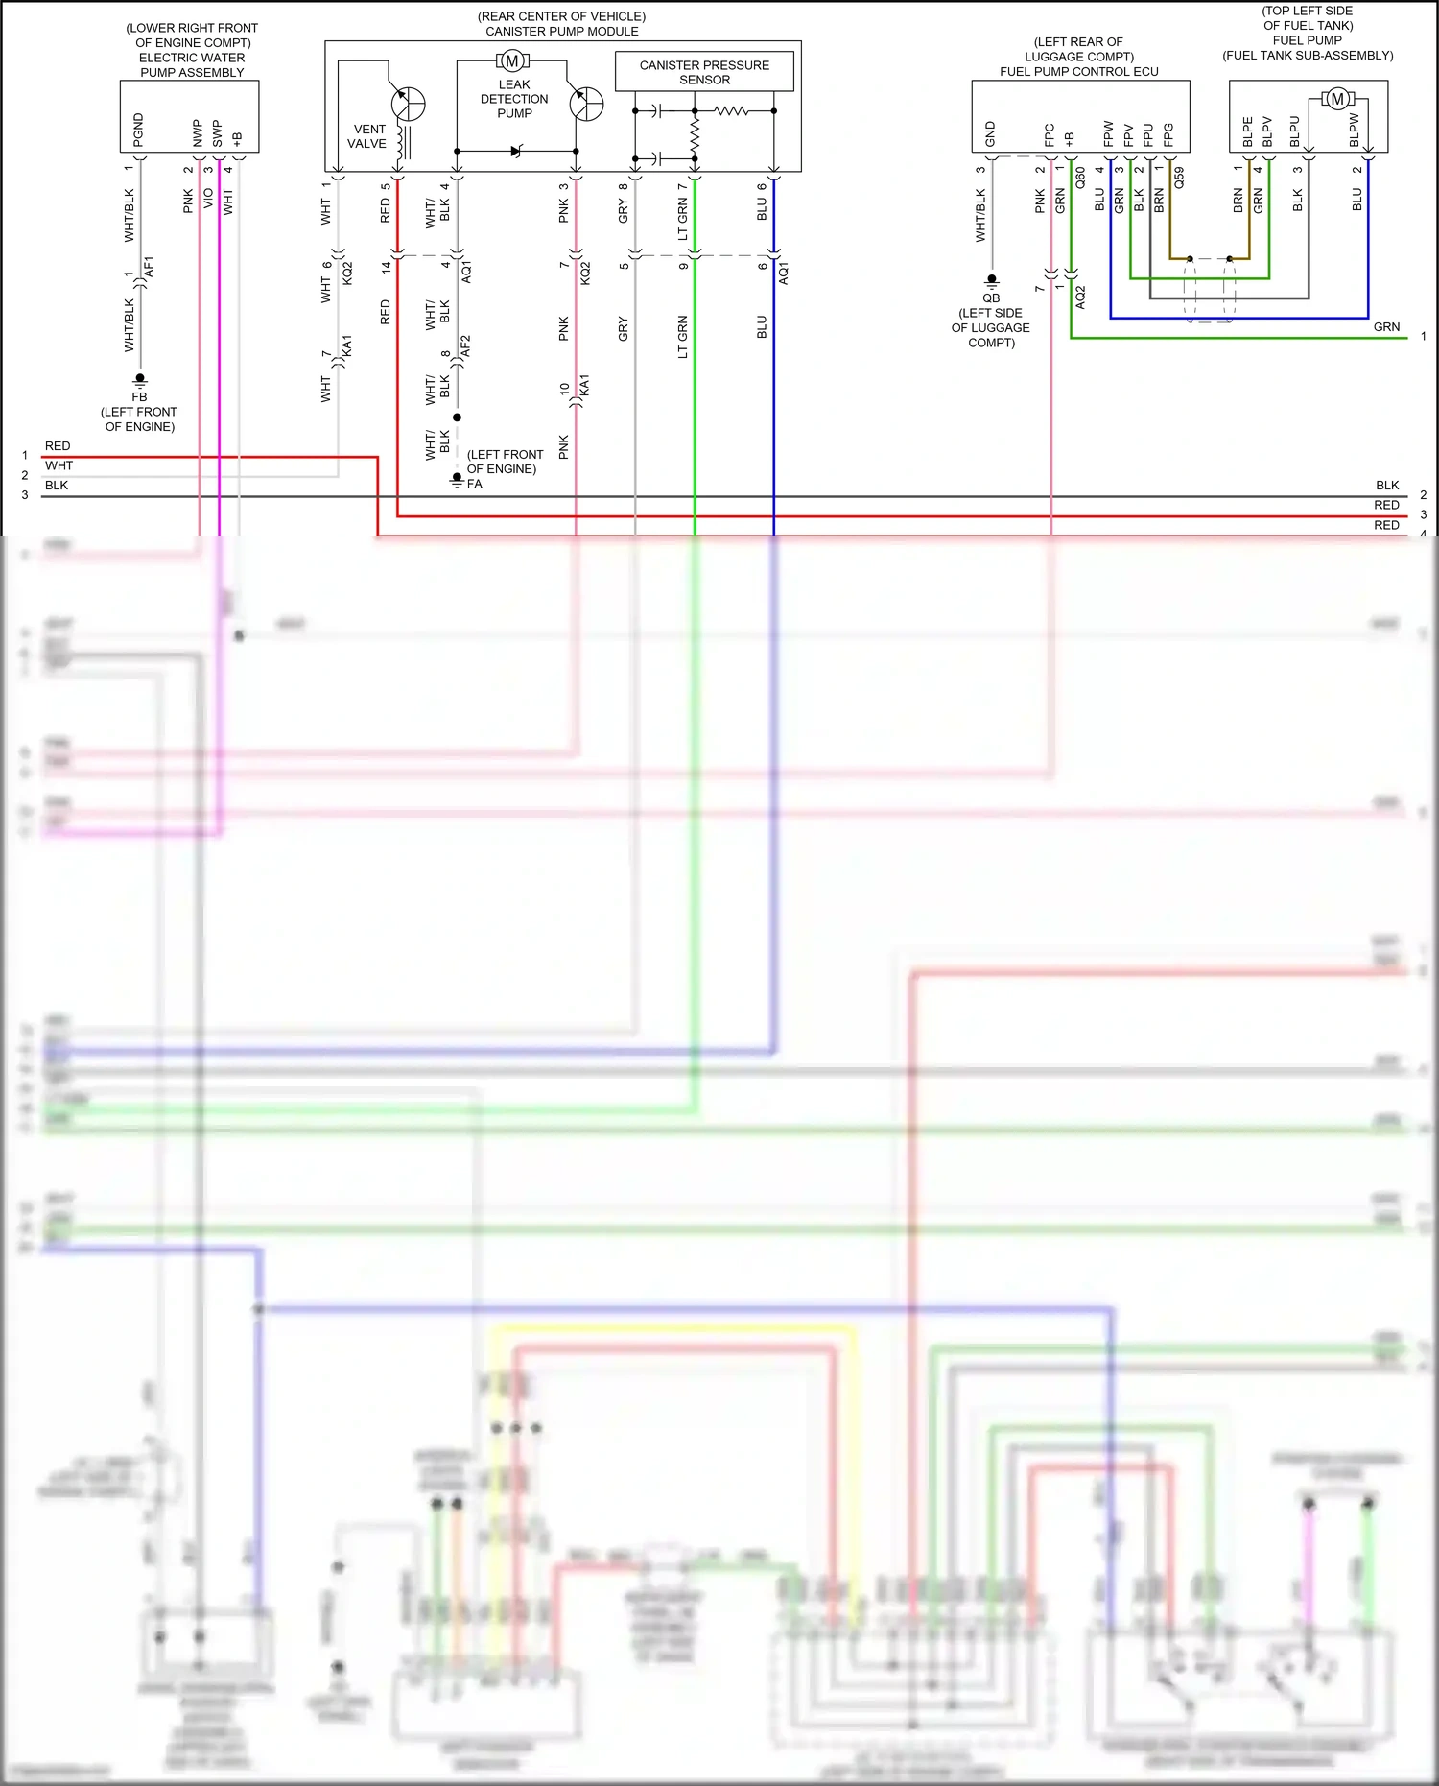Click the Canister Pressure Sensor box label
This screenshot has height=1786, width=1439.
coord(704,72)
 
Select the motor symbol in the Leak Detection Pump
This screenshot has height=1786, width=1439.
coord(512,61)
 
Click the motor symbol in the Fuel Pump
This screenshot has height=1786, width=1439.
coord(1337,99)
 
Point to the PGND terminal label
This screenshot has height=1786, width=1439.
coord(138,130)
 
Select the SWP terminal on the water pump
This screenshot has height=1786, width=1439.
coord(218,133)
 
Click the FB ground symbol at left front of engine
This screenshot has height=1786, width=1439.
coord(140,379)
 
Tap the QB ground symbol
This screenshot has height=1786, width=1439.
coord(992,281)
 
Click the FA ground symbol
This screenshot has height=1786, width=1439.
coord(458,480)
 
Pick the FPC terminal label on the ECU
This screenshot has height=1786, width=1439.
coord(1050,134)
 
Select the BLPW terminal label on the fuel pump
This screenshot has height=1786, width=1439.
coord(1355,131)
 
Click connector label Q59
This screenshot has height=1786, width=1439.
coord(1179,178)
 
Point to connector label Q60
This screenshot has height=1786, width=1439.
coord(1080,178)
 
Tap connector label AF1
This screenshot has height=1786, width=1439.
coord(149,267)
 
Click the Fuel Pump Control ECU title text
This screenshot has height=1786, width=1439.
coord(1079,72)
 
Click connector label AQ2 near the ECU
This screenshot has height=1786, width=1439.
coord(1080,297)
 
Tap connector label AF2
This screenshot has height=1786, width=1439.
coord(466,346)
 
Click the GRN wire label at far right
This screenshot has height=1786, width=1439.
coord(1386,327)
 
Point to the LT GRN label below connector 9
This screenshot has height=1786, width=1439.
coord(683,337)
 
